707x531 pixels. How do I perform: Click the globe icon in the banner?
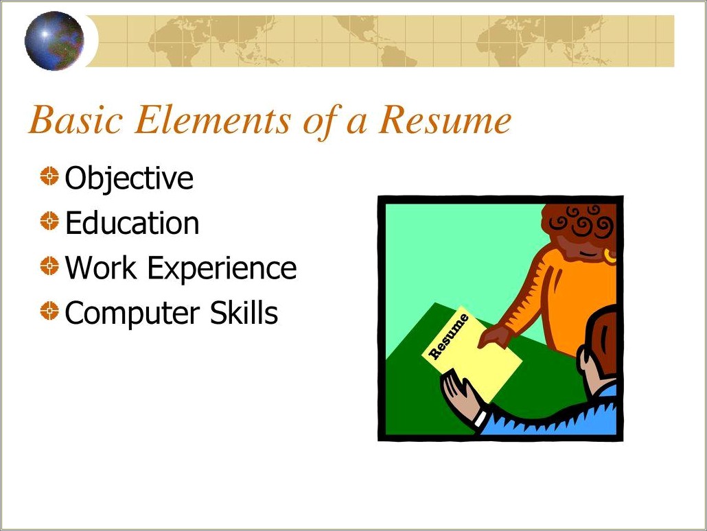[x=54, y=41]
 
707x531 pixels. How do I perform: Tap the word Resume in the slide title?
[x=445, y=120]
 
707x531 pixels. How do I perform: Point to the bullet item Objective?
[x=129, y=178]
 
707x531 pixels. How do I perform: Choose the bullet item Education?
[x=132, y=223]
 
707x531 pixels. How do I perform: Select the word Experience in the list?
[x=222, y=269]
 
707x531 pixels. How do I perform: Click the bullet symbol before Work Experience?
[x=49, y=266]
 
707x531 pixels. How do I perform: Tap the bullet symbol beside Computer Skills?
[x=49, y=311]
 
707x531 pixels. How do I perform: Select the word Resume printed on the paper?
[x=449, y=335]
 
